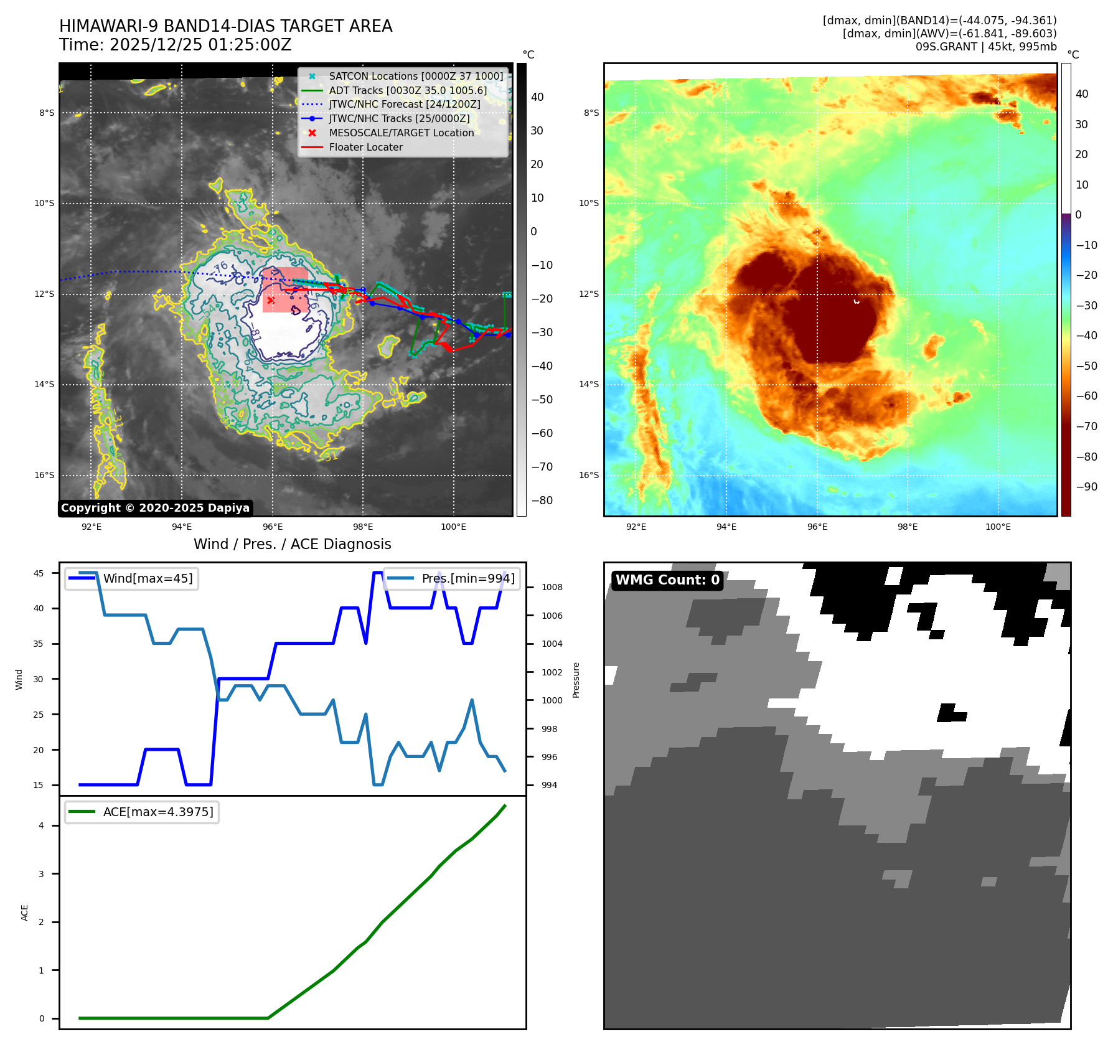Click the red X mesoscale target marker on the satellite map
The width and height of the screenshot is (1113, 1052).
tap(271, 300)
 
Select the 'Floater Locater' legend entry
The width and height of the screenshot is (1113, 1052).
tap(365, 148)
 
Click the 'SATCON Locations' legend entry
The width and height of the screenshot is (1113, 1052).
tap(415, 77)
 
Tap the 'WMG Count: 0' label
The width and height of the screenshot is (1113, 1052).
tap(667, 580)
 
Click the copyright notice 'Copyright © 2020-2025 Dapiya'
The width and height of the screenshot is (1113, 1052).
tap(155, 508)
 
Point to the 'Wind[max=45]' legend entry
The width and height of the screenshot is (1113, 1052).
tap(148, 578)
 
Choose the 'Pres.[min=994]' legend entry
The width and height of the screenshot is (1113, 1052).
tap(467, 578)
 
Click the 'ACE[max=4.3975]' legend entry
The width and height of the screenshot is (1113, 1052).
tap(157, 812)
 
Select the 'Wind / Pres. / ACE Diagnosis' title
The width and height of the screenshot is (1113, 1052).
tap(292, 544)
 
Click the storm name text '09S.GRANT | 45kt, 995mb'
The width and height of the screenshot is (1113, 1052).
tap(985, 47)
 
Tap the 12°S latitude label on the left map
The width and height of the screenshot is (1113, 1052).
tap(44, 294)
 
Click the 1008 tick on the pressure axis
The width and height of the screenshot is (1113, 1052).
tap(552, 587)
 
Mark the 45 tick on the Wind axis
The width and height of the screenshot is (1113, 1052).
tap(39, 573)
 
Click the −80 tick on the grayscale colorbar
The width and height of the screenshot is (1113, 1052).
tap(542, 500)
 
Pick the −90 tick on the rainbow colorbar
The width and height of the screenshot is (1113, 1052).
tap(1086, 487)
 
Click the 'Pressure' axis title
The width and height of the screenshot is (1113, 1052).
tap(576, 680)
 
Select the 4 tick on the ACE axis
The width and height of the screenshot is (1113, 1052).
tap(42, 825)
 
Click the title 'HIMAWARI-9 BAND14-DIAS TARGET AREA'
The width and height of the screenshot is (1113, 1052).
tap(225, 26)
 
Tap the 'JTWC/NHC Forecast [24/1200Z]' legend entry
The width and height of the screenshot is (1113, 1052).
tap(404, 105)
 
